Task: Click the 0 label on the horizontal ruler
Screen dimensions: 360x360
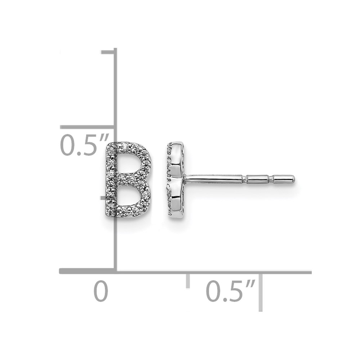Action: (101, 292)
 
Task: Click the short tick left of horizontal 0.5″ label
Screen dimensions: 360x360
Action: (188, 280)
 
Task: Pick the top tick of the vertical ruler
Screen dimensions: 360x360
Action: (108, 52)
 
